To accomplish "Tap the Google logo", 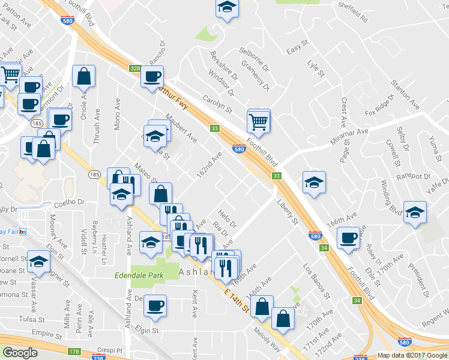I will point(20,353).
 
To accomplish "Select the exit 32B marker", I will point(134,69).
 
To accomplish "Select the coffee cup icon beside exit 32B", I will point(152,76).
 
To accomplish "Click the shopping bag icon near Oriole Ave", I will point(83,76).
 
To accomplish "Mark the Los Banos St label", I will point(316,281).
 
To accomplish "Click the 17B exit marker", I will point(74,351).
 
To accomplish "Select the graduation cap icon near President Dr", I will point(415,212).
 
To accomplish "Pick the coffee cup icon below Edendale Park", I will point(155,305).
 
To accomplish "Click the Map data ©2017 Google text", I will point(412,355).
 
